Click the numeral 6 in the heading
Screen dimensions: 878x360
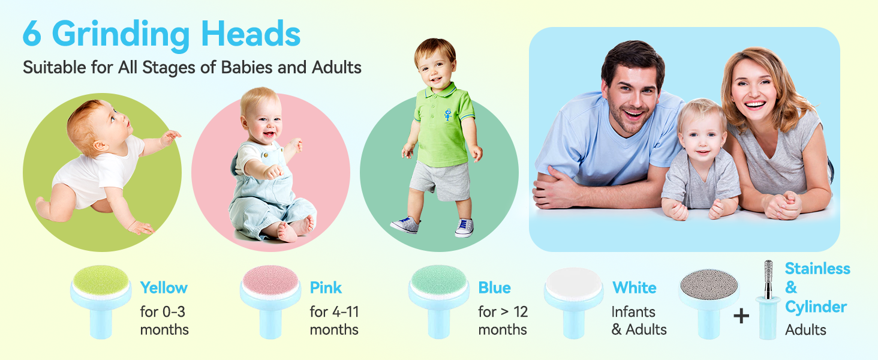coord(32,34)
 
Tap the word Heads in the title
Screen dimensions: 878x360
coord(251,34)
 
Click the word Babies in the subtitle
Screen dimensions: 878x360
coord(246,67)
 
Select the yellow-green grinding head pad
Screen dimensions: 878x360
coord(101,281)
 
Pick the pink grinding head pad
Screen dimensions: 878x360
coord(270,281)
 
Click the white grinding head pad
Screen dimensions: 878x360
coord(573,283)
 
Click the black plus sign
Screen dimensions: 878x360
coord(741,316)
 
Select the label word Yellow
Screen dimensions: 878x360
coord(164,288)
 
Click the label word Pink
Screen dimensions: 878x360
coord(326,287)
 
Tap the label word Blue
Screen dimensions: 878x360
coord(494,288)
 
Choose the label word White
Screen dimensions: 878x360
coord(635,288)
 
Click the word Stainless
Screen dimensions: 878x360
coord(817,269)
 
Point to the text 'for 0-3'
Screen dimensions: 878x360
coord(163,312)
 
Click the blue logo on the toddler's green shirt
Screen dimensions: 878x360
coord(447,114)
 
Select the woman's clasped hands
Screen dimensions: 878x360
coord(783,205)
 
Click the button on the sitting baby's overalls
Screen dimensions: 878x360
coord(266,155)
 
